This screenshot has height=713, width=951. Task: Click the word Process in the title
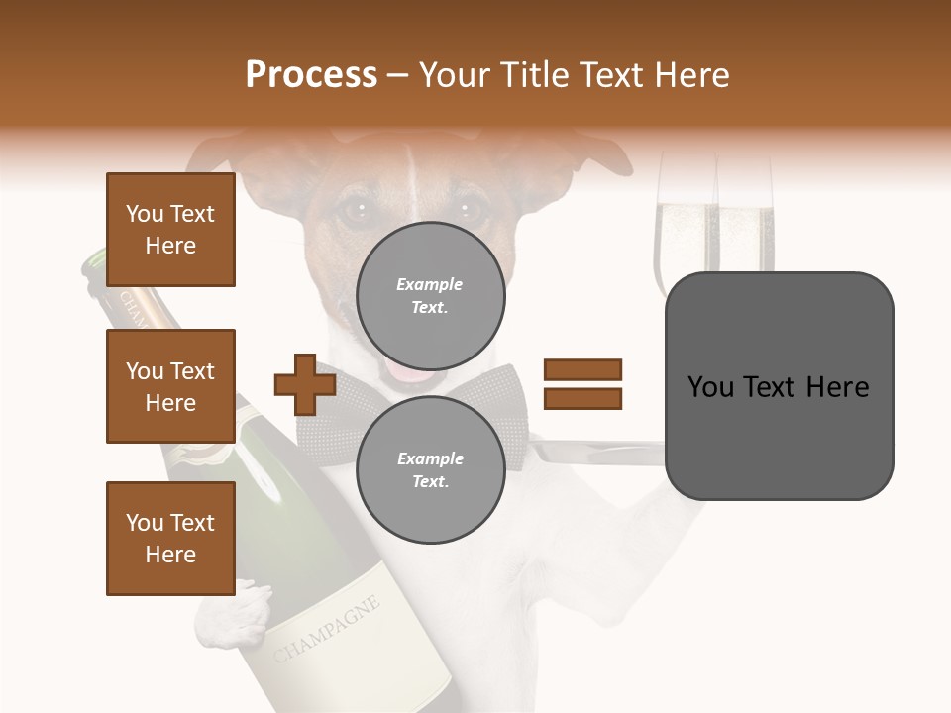pyautogui.click(x=311, y=75)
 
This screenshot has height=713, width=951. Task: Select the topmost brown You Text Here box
pyautogui.click(x=170, y=230)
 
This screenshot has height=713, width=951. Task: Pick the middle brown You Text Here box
pyautogui.click(x=170, y=386)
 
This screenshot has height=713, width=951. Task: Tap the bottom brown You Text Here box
pyautogui.click(x=170, y=538)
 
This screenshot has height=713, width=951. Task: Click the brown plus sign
pyautogui.click(x=305, y=384)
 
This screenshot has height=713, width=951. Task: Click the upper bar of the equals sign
pyautogui.click(x=582, y=370)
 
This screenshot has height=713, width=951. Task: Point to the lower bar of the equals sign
pyautogui.click(x=582, y=398)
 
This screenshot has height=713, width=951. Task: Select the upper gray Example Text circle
pyautogui.click(x=430, y=295)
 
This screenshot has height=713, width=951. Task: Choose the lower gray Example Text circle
pyautogui.click(x=430, y=469)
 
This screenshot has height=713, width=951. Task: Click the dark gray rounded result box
pyautogui.click(x=779, y=385)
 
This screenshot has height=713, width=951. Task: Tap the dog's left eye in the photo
pyautogui.click(x=354, y=211)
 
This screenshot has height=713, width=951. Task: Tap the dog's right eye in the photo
pyautogui.click(x=470, y=209)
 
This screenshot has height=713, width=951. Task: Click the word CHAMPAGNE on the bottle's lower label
pyautogui.click(x=327, y=630)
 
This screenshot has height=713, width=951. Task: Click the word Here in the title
pyautogui.click(x=689, y=75)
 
